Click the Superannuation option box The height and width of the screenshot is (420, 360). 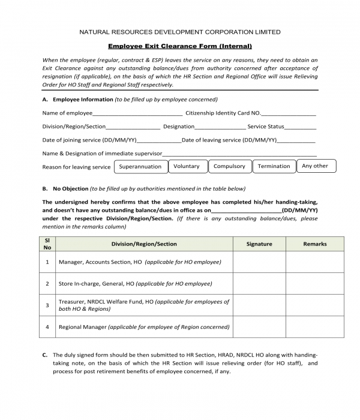140,166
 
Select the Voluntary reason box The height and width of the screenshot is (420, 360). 187,166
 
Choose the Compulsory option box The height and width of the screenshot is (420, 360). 229,166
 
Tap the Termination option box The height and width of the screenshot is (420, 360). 274,166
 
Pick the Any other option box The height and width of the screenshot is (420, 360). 316,166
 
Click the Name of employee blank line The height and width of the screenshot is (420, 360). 137,113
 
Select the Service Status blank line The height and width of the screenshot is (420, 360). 300,127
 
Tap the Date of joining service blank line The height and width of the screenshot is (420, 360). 159,140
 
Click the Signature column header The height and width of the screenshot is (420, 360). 259,244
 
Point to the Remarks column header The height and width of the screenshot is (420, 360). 315,244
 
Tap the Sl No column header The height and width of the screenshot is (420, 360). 47,244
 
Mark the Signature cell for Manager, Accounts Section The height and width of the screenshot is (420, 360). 259,262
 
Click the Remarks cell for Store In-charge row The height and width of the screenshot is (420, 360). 315,283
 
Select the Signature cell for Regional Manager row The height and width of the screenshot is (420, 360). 259,327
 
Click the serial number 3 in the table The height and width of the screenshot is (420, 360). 47,305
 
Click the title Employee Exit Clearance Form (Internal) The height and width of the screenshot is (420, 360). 180,46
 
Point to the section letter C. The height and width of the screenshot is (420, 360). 45,355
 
